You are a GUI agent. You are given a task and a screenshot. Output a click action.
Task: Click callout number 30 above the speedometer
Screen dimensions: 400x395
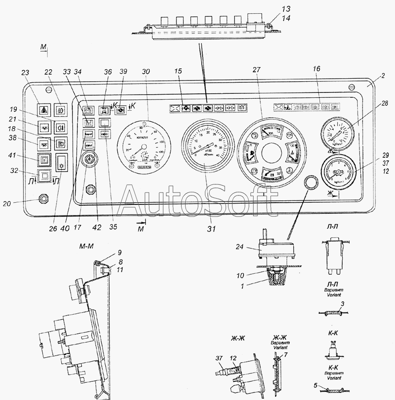[x=146, y=72]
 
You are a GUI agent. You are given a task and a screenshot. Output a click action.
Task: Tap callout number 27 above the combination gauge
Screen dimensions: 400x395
[x=256, y=69]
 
